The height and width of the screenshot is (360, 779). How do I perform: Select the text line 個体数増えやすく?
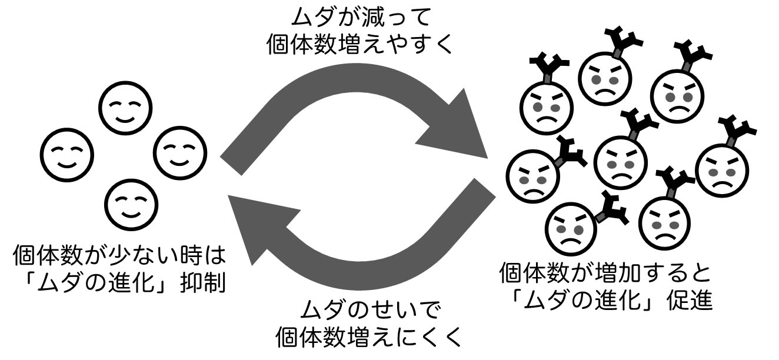(x=360, y=45)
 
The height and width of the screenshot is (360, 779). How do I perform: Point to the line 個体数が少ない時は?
(x=119, y=257)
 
